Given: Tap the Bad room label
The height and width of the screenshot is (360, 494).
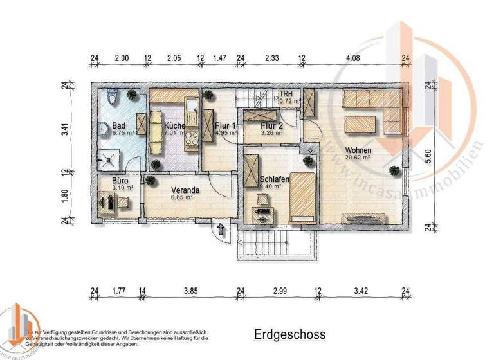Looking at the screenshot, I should click(118, 125).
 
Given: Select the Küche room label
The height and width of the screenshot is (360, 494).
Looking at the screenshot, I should click(174, 126).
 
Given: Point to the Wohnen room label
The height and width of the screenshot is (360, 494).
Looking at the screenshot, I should click(357, 150).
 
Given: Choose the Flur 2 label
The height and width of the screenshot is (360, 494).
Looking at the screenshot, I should click(271, 126).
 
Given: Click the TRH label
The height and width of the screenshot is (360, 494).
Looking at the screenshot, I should click(286, 94).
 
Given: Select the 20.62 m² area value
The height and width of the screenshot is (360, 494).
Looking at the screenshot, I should click(358, 157).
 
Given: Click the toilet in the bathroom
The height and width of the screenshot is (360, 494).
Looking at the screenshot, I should click(113, 98).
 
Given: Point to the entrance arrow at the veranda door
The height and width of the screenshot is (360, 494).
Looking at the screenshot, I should click(221, 228).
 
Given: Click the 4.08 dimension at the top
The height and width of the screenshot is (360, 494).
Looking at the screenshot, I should click(353, 58).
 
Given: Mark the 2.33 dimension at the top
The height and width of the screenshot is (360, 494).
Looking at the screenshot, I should click(271, 58).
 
